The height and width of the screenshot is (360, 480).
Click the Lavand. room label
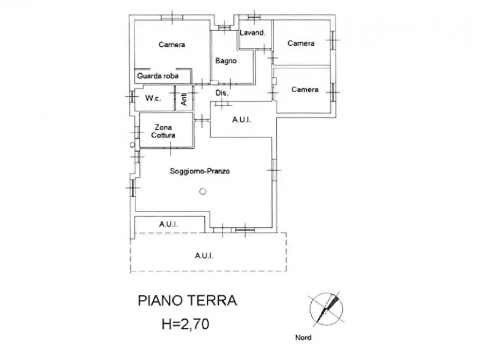tap(252, 33)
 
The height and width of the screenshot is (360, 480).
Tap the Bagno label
tap(226, 61)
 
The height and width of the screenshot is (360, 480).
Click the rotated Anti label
tap(184, 98)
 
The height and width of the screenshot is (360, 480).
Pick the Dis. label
tap(222, 93)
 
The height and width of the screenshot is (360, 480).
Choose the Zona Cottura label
tap(163, 132)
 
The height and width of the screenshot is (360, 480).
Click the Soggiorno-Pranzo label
tap(199, 172)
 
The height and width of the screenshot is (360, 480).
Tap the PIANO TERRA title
tap(187, 300)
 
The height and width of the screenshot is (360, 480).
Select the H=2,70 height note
tap(187, 325)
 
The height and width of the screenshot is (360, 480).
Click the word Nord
tap(303, 338)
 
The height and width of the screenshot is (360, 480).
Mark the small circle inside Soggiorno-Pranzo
tap(202, 190)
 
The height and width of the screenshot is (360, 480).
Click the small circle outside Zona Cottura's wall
tap(131, 145)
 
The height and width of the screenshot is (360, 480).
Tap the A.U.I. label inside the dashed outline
tap(205, 256)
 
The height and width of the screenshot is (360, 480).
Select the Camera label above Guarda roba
tap(171, 45)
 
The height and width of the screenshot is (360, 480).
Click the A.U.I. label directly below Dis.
tap(241, 120)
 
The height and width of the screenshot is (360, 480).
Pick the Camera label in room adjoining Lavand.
tap(300, 43)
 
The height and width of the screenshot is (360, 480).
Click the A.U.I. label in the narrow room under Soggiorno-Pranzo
tap(168, 224)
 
